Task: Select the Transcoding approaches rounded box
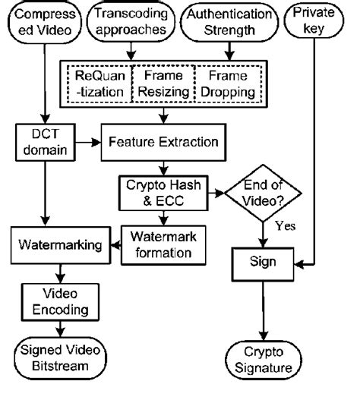coord(130,23)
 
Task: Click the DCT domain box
coord(43,141)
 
